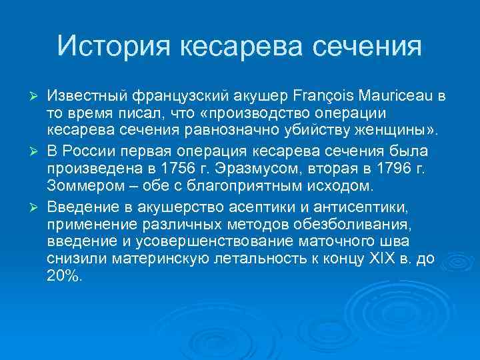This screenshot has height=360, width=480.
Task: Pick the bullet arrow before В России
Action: [x=37, y=151]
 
